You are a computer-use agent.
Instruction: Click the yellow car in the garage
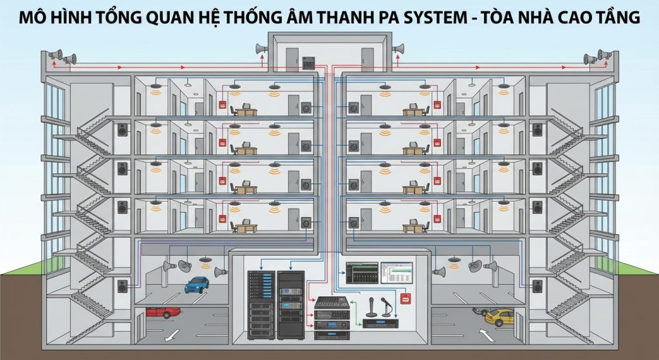tap(499, 316)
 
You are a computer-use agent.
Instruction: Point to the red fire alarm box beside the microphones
tap(405, 298)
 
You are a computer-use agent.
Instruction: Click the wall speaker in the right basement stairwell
tap(537, 285)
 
